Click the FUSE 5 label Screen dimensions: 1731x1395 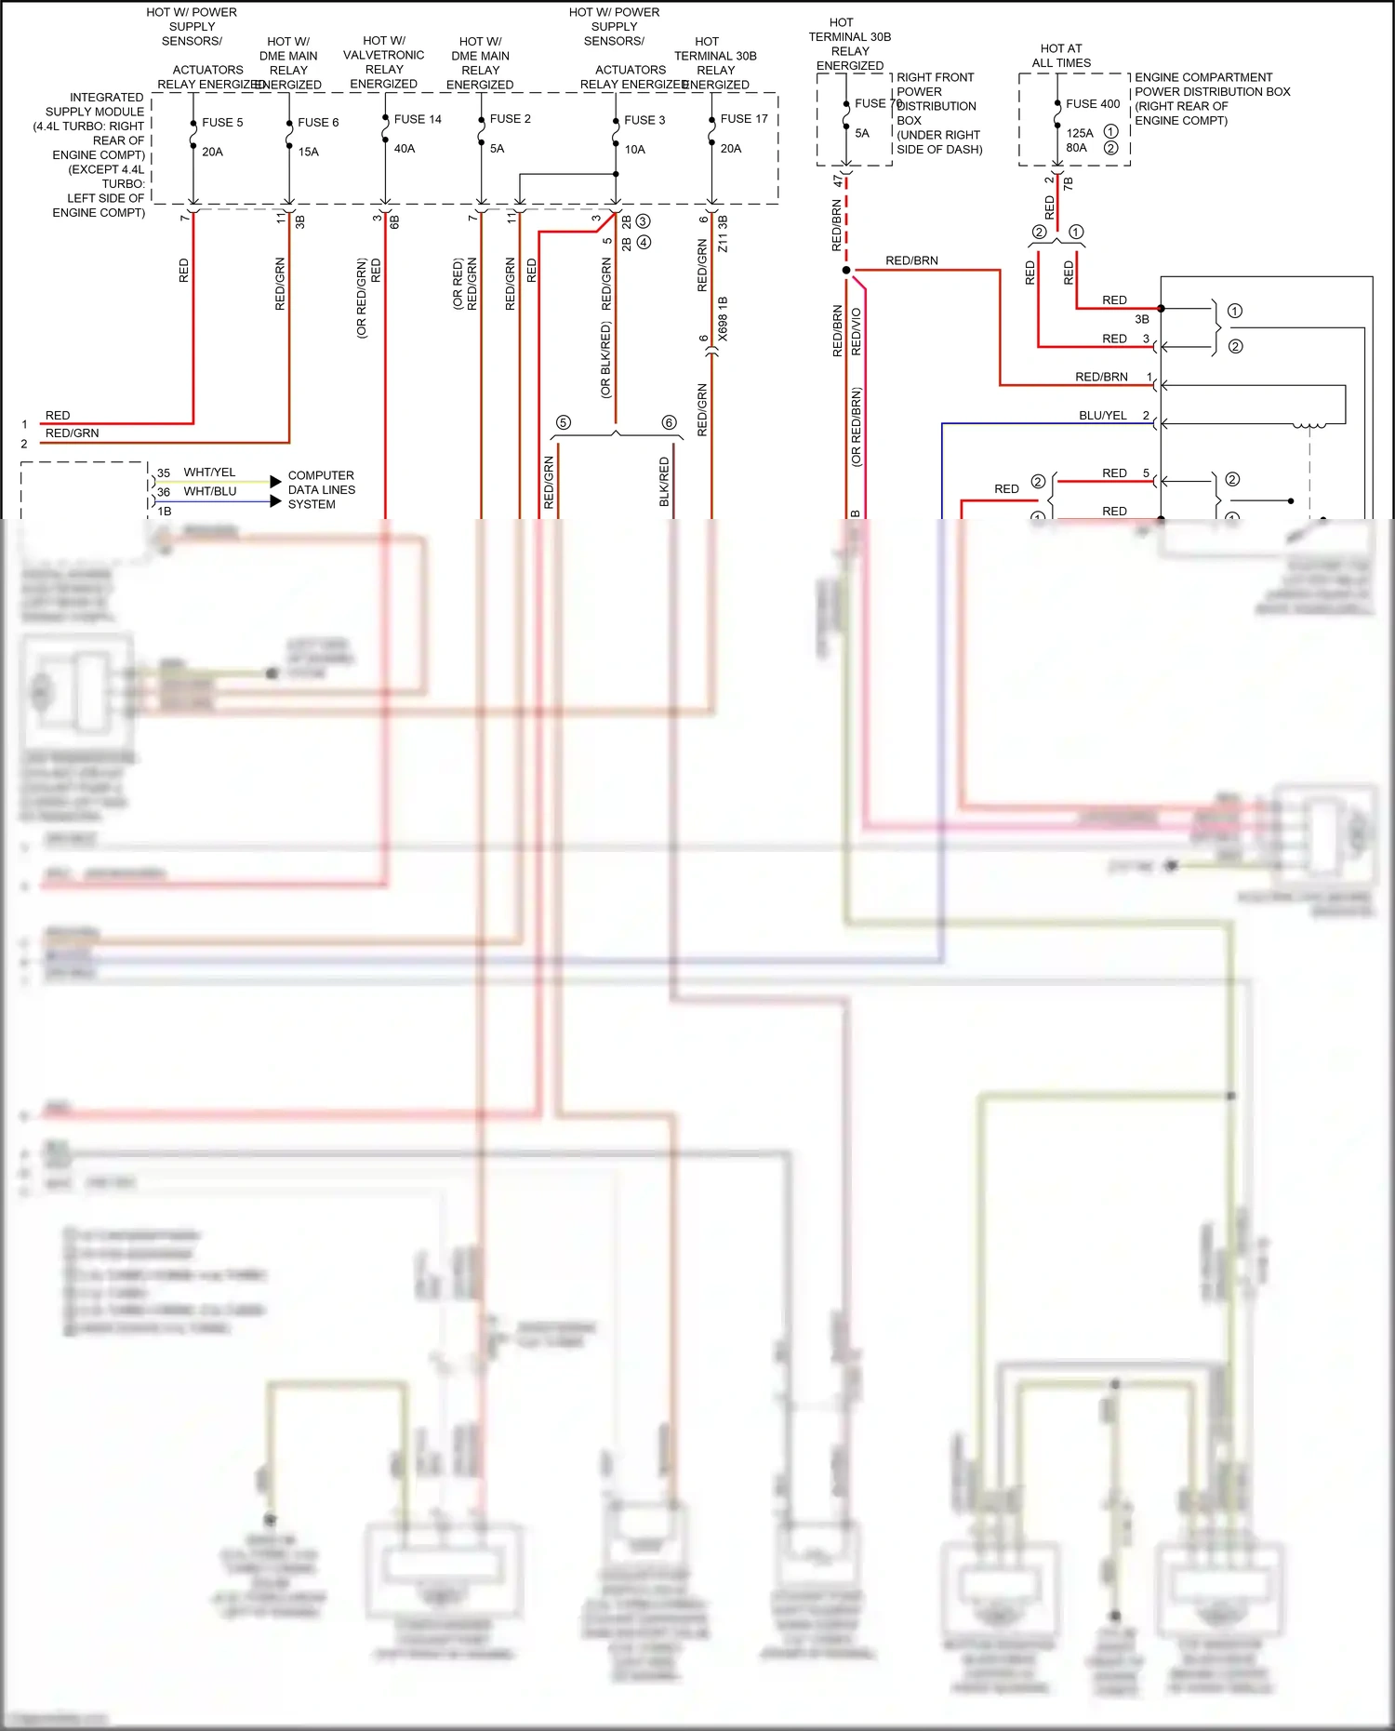222,122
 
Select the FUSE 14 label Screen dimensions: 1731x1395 418,119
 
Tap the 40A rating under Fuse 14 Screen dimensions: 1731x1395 405,148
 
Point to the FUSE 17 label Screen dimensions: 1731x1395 744,119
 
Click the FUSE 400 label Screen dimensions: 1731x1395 1093,104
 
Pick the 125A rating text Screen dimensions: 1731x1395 1080,133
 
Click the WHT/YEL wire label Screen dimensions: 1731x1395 209,473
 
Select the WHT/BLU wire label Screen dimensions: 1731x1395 209,491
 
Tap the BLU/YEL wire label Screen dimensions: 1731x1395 1103,416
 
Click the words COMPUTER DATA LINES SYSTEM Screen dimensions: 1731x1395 321,489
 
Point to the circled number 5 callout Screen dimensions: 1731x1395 563,423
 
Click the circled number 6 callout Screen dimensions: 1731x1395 669,423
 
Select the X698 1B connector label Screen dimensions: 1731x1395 723,319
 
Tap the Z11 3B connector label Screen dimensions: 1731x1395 723,234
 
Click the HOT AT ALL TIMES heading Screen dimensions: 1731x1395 1061,56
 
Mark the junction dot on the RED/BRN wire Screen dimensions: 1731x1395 846,270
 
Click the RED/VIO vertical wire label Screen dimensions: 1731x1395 857,332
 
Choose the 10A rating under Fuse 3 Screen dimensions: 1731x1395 634,149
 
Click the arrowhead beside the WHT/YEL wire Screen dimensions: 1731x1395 275,482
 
